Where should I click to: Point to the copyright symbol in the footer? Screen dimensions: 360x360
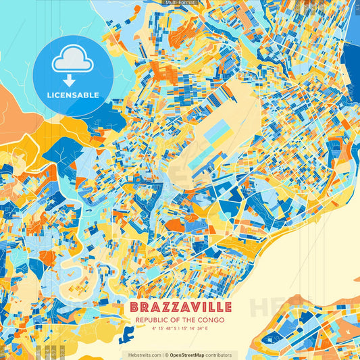click(x=167, y=355)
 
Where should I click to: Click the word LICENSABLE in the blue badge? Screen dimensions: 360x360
click(x=72, y=95)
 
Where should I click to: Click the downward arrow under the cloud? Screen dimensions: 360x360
click(x=72, y=80)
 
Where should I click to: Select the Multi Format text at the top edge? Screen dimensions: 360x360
click(x=180, y=3)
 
